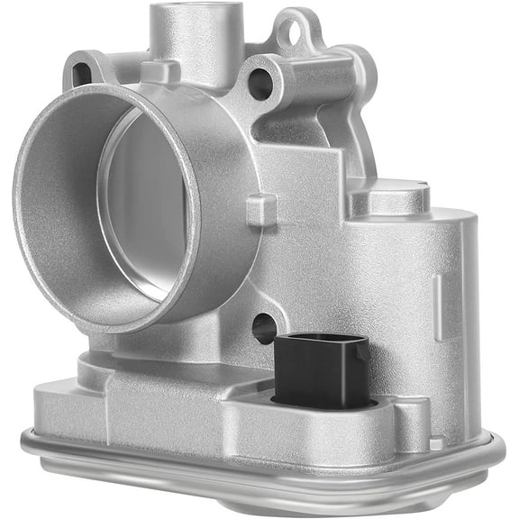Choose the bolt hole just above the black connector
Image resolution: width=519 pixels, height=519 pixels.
click(263, 328)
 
